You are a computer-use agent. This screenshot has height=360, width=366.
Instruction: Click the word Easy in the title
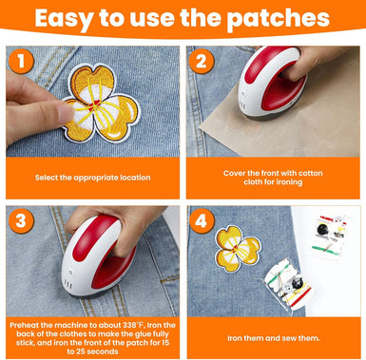tap(71, 19)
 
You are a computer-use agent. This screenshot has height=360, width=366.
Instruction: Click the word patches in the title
tap(279, 19)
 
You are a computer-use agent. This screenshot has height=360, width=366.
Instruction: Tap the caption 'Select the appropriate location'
tap(91, 178)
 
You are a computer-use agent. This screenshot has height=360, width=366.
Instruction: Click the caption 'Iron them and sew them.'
tap(274, 336)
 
